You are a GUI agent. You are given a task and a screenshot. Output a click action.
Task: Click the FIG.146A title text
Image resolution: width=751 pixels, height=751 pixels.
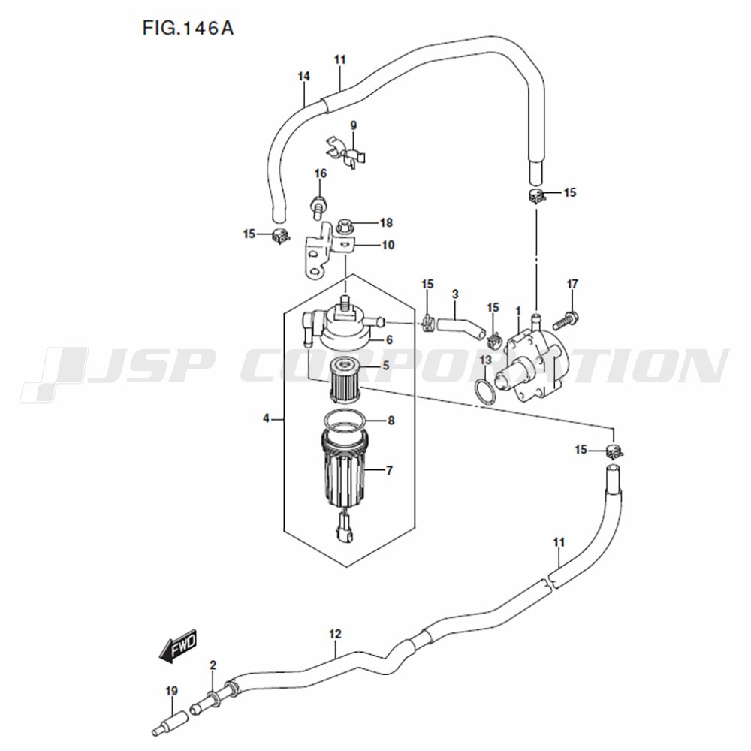[x=188, y=28]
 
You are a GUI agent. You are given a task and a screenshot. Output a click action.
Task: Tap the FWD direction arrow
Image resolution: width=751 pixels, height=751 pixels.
[x=179, y=645]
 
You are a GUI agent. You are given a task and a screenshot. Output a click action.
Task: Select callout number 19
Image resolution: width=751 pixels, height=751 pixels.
[x=171, y=691]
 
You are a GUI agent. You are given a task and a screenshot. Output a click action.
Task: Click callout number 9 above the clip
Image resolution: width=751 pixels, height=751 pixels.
[x=354, y=125]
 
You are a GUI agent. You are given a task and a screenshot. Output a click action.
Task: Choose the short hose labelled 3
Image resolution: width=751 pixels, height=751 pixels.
[x=460, y=328]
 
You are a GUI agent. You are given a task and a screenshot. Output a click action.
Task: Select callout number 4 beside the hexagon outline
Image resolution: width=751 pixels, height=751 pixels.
[x=266, y=418]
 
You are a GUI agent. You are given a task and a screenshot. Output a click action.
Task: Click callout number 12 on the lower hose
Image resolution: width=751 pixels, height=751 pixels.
[x=335, y=634]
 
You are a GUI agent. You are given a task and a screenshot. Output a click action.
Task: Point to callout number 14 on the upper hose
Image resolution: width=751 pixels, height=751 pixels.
[x=303, y=76]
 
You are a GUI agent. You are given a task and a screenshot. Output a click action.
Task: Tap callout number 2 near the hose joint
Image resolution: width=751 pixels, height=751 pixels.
[x=213, y=665]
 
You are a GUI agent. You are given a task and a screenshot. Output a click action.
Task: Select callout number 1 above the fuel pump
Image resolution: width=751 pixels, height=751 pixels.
[x=518, y=312]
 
